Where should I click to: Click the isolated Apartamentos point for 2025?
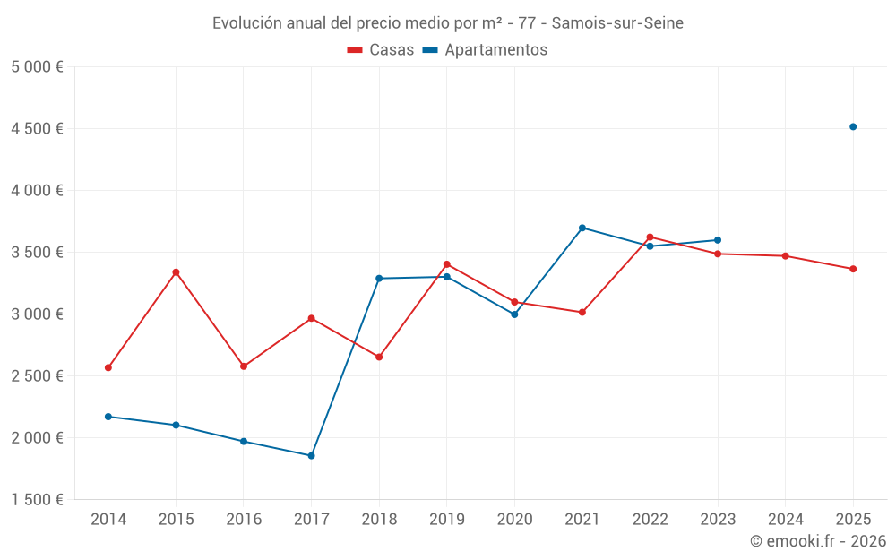853,126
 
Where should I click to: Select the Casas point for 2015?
176,272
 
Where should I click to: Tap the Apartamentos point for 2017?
311,456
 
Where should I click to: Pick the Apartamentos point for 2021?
582,228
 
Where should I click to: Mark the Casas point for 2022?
650,237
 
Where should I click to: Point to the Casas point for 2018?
379,357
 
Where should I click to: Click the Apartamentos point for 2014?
108,417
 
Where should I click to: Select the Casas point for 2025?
853,269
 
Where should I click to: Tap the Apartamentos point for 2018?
379,279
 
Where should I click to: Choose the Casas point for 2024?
785,256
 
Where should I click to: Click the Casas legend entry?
381,50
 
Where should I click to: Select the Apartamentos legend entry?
485,50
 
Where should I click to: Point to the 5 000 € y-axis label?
37,67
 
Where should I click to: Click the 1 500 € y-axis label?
37,500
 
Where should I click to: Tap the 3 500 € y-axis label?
37,253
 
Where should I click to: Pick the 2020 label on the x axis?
514,520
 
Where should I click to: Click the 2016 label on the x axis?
244,520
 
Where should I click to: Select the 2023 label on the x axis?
718,520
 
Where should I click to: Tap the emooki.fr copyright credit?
818,541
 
